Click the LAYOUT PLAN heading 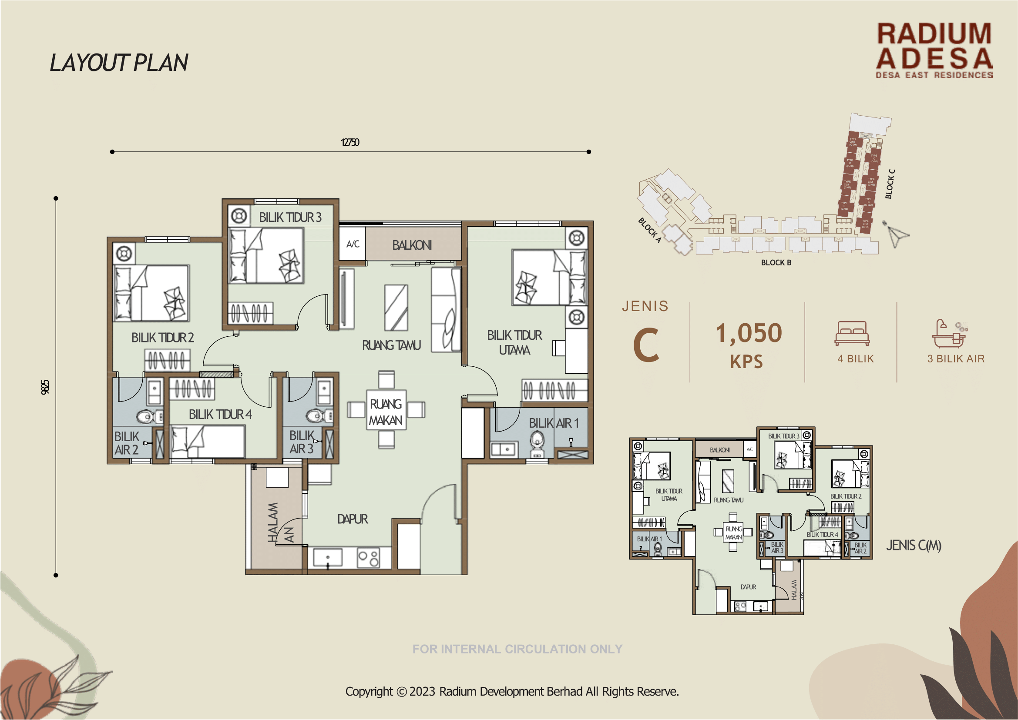pos(119,63)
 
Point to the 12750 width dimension pos(349,142)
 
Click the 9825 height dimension pos(45,387)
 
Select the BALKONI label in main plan pos(412,245)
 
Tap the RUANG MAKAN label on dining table pos(386,412)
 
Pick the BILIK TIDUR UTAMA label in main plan pos(514,342)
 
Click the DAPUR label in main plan pos(352,519)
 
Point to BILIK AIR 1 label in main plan pos(553,423)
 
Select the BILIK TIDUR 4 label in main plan pos(220,415)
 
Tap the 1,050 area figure pos(748,333)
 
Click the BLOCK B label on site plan pos(776,262)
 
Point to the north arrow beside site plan pos(895,234)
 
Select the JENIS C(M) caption pos(913,545)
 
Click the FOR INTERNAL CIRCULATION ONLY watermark pos(517,649)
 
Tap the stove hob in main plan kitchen pos(368,558)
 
